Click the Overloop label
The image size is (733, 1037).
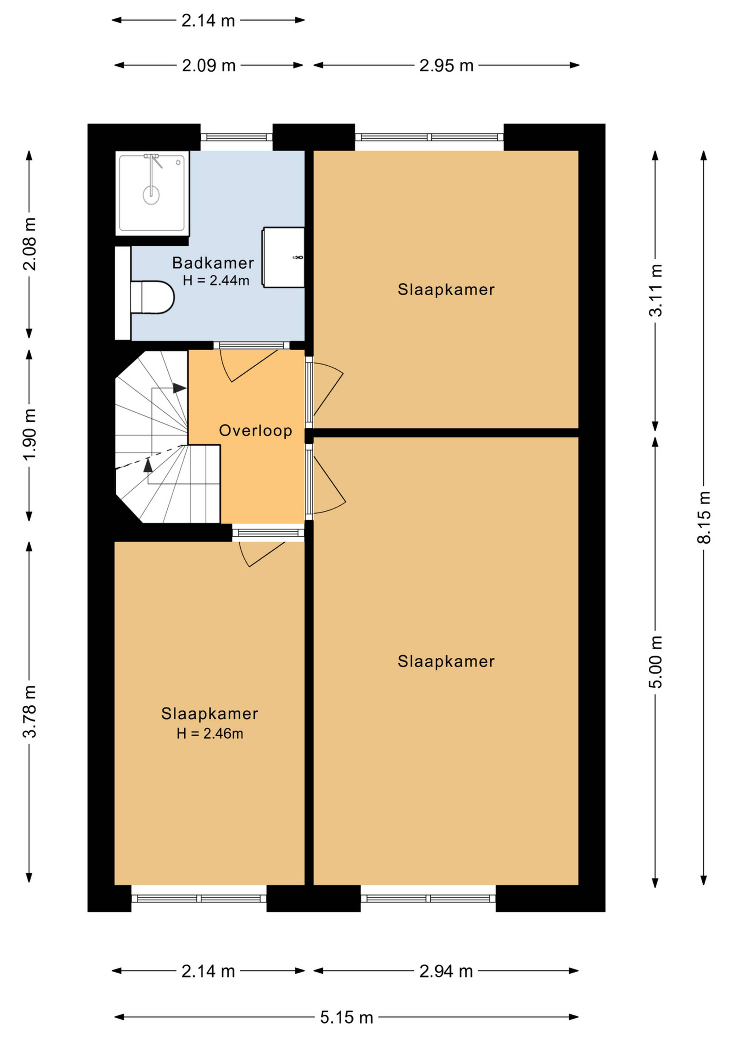[x=255, y=431]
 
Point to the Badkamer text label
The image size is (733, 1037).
[x=213, y=263]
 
